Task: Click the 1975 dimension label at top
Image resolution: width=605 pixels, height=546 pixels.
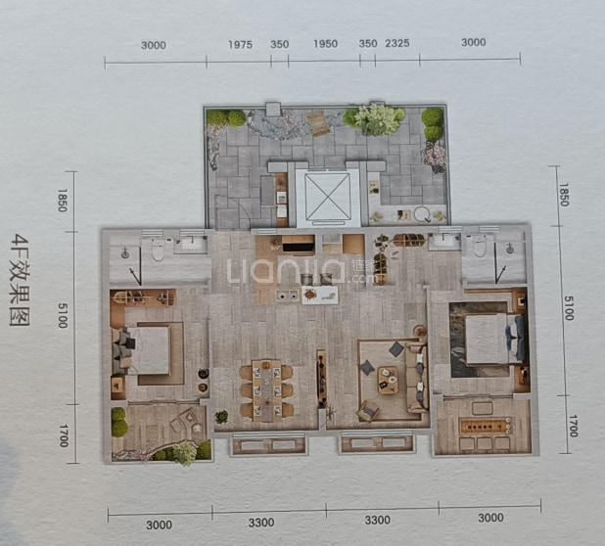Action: (x=240, y=45)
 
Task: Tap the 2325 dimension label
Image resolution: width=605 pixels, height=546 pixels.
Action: (x=397, y=43)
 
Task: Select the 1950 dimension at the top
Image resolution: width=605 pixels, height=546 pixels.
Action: (x=325, y=44)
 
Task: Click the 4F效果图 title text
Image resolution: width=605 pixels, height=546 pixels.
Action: (x=20, y=280)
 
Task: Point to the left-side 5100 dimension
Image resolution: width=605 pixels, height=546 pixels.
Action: (x=63, y=315)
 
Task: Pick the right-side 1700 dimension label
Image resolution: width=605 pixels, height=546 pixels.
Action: (x=573, y=426)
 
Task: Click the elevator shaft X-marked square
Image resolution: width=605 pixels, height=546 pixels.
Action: (x=327, y=197)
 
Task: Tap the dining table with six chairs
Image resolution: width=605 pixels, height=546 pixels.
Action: (x=266, y=390)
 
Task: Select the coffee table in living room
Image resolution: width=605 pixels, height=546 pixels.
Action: (x=388, y=381)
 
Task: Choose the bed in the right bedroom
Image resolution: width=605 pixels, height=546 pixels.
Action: (x=494, y=340)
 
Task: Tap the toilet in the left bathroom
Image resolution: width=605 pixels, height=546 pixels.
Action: (x=158, y=250)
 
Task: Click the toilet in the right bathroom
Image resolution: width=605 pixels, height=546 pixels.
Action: (x=480, y=246)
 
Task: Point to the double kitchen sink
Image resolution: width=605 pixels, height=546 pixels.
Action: (x=287, y=296)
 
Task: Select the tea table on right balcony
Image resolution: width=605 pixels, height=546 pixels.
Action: (x=485, y=426)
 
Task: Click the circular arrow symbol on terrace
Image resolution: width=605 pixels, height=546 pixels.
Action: (x=423, y=214)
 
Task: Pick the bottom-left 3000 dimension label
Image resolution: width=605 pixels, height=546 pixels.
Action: (x=159, y=525)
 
